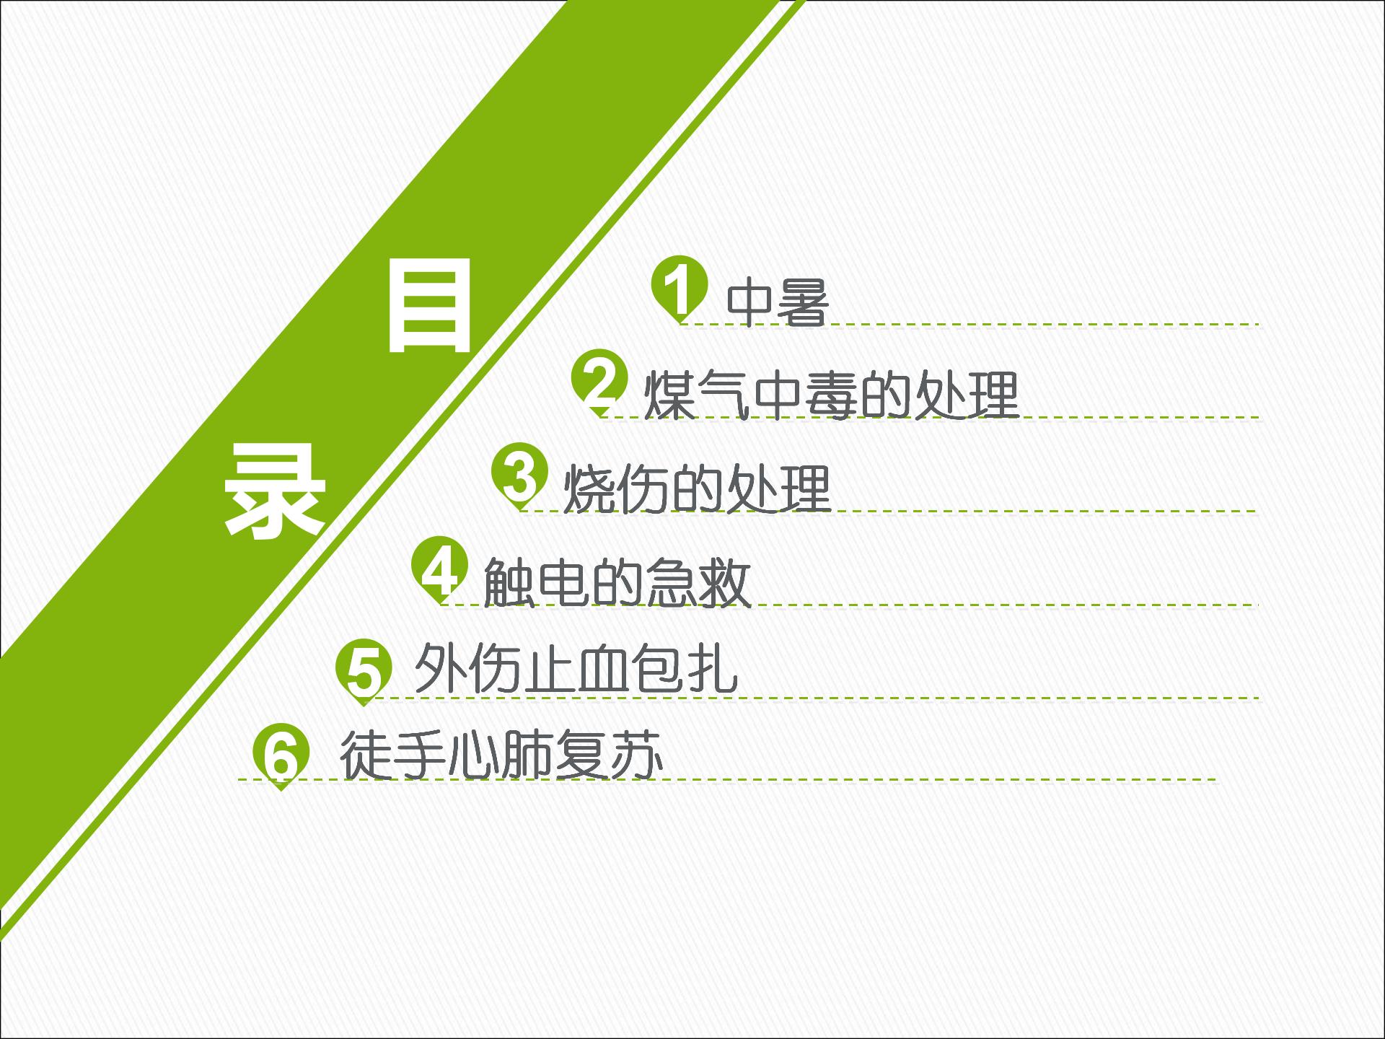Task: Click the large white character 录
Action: coord(274,491)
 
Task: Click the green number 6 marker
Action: coord(281,754)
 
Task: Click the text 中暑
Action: coord(778,302)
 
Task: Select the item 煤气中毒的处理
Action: coord(831,395)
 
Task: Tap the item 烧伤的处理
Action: coord(697,488)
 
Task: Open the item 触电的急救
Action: coord(617,582)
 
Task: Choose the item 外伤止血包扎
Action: coord(576,669)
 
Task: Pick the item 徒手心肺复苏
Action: coord(501,754)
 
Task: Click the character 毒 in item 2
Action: coord(832,395)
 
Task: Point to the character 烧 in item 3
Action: coord(589,488)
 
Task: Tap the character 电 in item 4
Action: coord(563,582)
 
